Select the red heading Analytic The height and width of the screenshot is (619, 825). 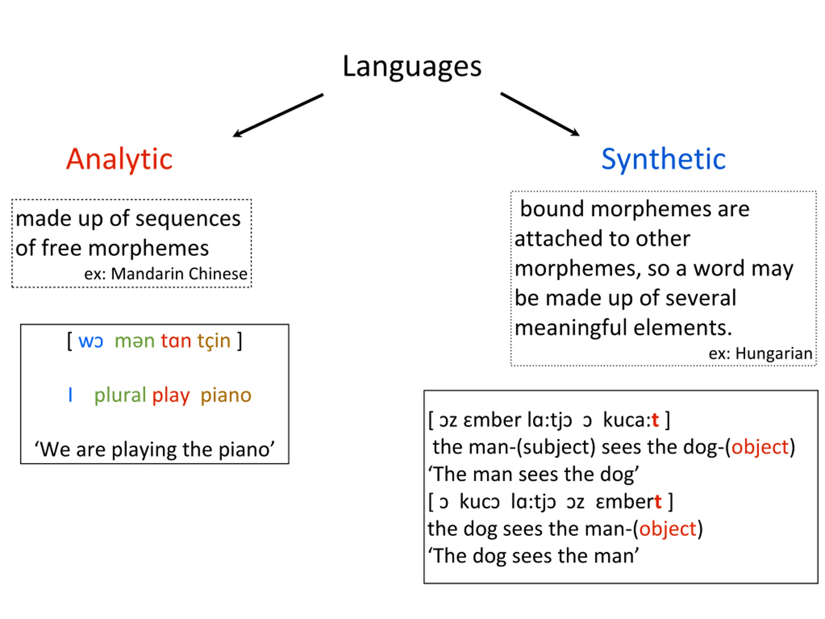click(119, 159)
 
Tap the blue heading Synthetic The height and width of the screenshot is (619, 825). click(663, 159)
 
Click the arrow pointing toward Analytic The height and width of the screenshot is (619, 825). click(278, 115)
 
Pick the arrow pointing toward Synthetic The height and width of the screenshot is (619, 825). click(540, 114)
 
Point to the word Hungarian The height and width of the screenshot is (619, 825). click(773, 354)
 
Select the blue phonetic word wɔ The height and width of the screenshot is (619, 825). click(91, 341)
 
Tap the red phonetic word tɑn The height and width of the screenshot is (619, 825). click(176, 341)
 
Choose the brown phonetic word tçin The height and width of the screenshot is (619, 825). click(214, 341)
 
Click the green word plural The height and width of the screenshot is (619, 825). click(120, 395)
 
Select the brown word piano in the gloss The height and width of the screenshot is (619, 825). click(226, 395)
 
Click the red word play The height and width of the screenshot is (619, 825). click(171, 396)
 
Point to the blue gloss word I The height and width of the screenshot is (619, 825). click(70, 395)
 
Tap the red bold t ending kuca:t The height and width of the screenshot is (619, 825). click(655, 420)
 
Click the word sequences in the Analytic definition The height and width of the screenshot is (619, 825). click(188, 219)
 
